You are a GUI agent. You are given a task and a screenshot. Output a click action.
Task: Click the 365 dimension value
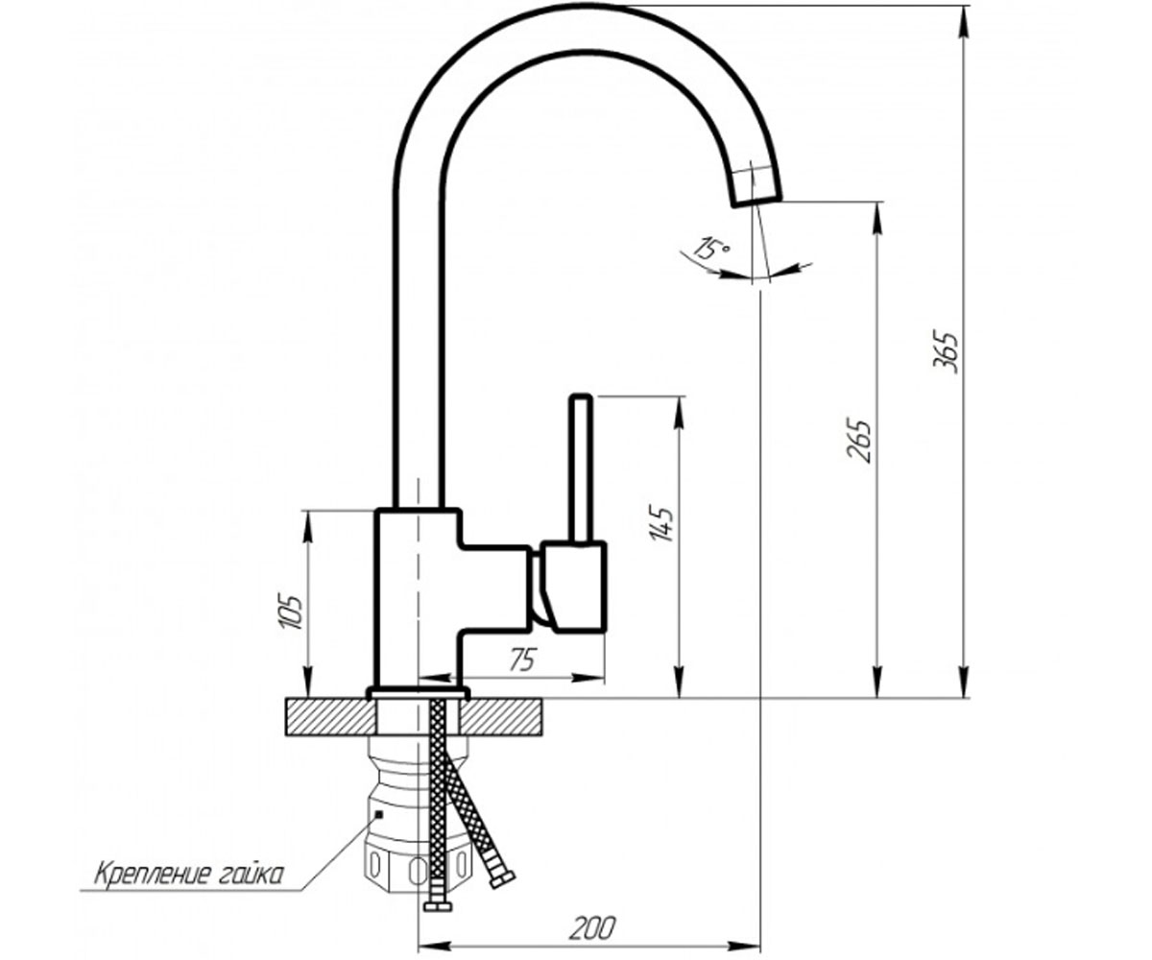click(946, 352)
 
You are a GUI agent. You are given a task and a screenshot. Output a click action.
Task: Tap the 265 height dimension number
click(858, 441)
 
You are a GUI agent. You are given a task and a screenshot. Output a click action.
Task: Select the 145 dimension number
click(660, 522)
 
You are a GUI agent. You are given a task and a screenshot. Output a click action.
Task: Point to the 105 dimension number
click(291, 612)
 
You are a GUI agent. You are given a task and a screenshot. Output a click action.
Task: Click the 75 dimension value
click(522, 660)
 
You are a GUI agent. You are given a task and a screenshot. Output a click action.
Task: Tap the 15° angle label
click(710, 249)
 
